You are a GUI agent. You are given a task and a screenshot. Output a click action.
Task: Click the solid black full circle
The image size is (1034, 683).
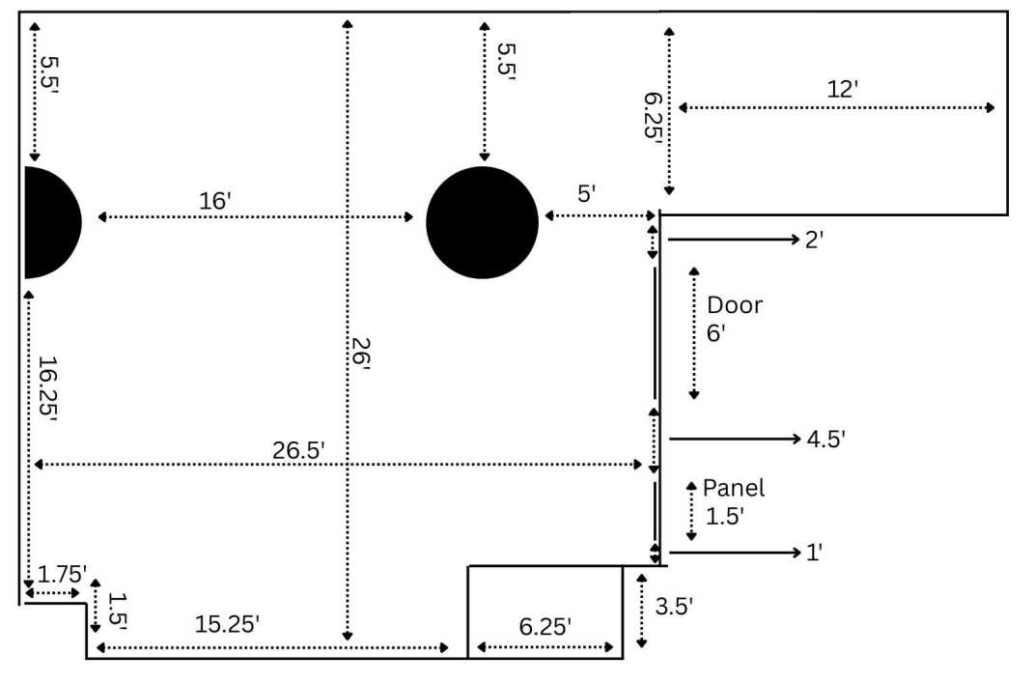click(x=482, y=222)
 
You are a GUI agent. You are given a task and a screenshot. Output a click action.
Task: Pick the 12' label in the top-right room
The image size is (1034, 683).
click(x=843, y=89)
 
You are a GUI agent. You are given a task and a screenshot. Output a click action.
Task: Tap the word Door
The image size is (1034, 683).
click(x=735, y=306)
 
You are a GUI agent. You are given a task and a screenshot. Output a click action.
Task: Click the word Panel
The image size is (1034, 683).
click(x=734, y=488)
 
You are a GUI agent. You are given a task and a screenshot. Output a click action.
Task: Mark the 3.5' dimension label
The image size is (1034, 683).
click(x=674, y=607)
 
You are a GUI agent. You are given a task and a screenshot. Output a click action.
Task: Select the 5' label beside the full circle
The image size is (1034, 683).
click(x=586, y=193)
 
